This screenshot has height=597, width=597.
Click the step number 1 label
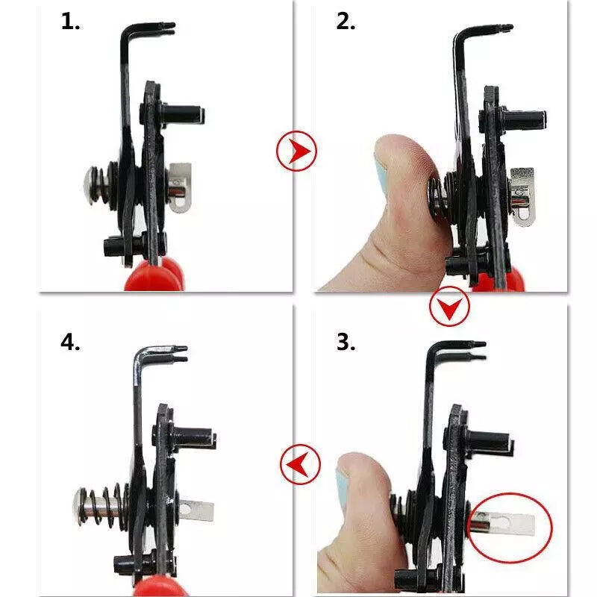point(70,22)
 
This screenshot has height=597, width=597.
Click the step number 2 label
point(346,22)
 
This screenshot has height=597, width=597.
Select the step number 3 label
point(346,342)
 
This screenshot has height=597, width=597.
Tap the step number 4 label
point(70,342)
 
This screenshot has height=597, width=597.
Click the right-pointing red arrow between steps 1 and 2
point(296,151)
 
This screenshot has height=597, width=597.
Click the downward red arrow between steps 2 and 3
point(449,306)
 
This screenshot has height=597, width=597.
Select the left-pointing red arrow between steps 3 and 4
point(300,464)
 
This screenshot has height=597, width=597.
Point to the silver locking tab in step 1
point(179,187)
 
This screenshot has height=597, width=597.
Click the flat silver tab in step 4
point(196,511)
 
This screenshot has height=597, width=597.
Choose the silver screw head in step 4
point(79,507)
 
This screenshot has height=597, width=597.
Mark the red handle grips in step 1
point(156,273)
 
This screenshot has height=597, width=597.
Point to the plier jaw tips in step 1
point(166,28)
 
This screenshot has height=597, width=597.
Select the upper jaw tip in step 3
point(477,344)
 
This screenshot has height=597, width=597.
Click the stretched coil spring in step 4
point(104,507)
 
